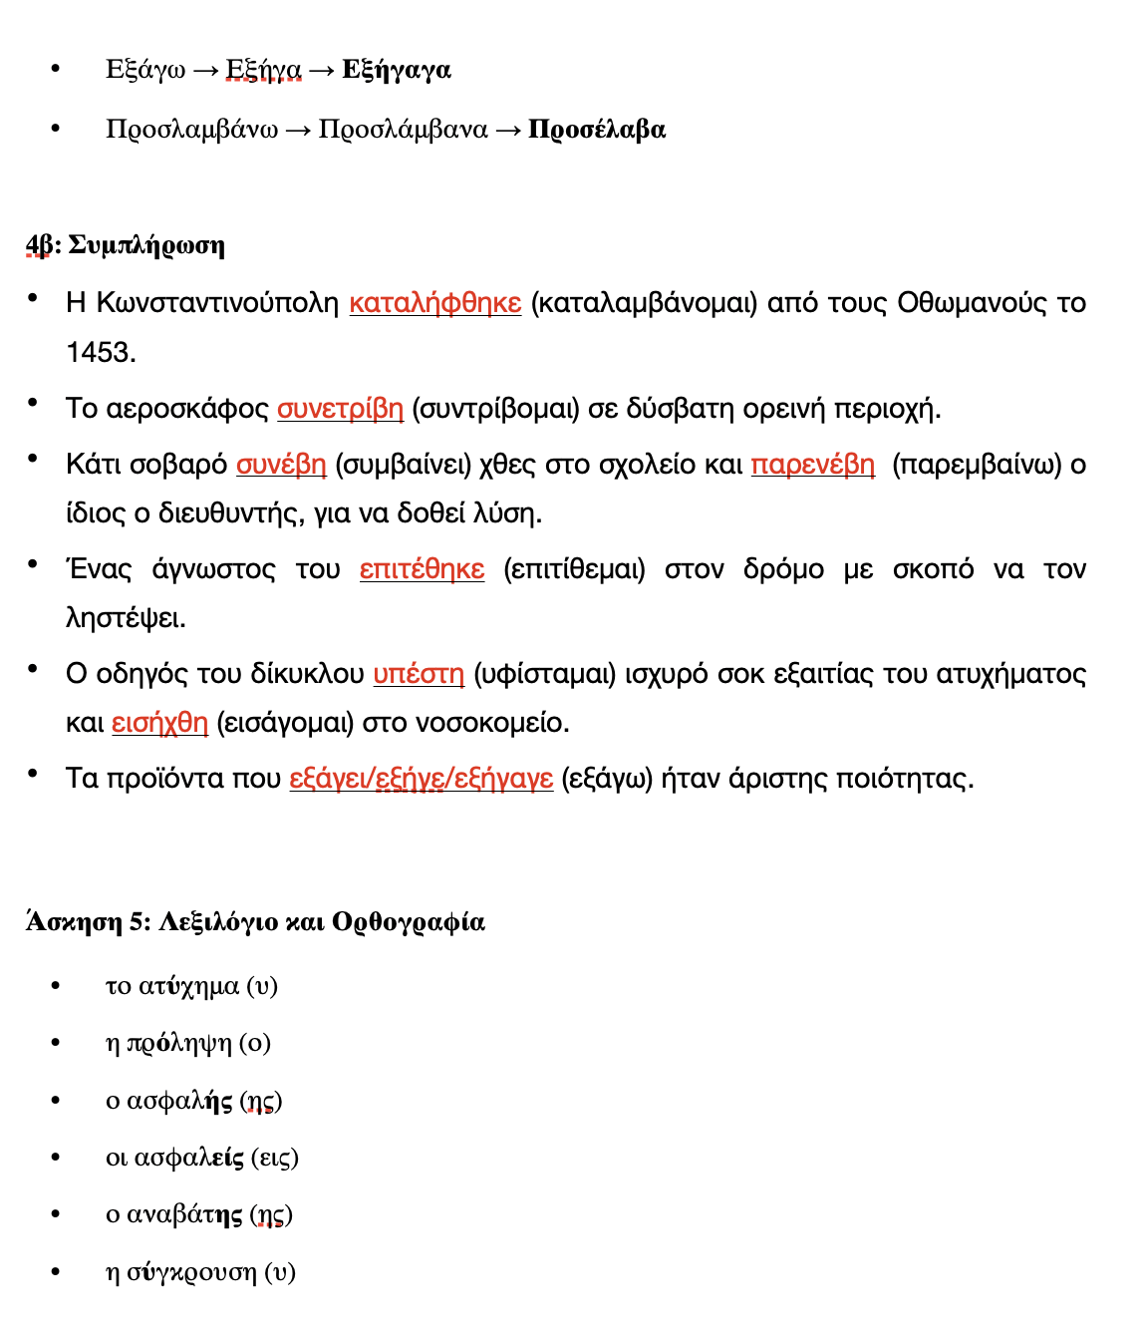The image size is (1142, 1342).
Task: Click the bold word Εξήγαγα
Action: point(396,70)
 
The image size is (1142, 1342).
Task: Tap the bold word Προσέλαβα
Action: point(596,130)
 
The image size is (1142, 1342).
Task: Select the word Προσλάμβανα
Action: point(403,130)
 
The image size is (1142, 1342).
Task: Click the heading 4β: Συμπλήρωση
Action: point(126,245)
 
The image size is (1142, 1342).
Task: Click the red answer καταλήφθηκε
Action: point(434,303)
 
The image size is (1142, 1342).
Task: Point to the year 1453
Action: point(101,352)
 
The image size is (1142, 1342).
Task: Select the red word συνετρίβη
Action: point(340,409)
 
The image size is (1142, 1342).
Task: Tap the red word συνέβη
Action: point(281,465)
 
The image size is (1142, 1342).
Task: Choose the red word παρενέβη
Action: point(812,465)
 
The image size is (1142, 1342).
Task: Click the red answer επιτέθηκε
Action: point(422,569)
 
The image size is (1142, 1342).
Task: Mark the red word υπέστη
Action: point(419,674)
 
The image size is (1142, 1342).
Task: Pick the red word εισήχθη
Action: point(159,723)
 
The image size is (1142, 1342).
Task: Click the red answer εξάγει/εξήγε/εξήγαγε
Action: point(421,779)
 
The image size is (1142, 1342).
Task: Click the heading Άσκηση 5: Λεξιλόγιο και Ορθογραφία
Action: point(255,921)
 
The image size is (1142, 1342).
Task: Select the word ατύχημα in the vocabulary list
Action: point(188,986)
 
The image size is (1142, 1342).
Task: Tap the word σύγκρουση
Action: point(191,1272)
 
